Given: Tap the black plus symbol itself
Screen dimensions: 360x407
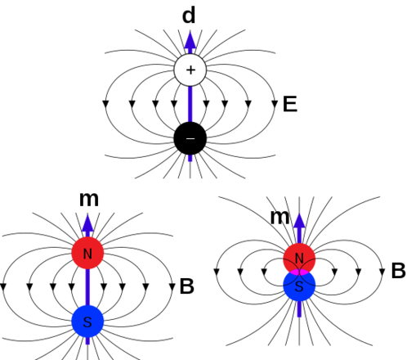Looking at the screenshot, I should click(190, 70).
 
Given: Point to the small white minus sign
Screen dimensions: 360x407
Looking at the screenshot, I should click(190, 139).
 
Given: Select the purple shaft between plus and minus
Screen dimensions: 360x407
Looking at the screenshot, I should click(190, 103).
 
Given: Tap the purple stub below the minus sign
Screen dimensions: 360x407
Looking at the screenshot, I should click(190, 159).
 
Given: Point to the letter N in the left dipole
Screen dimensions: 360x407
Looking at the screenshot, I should click(87, 254).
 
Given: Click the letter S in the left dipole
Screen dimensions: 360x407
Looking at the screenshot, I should click(87, 322).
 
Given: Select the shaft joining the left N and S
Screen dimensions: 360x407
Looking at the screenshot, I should click(87, 286).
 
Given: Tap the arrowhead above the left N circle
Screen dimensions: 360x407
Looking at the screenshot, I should click(87, 224).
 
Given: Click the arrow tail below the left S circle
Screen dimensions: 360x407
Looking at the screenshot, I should click(87, 341).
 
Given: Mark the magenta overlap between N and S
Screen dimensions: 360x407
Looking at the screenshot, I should click(299, 272).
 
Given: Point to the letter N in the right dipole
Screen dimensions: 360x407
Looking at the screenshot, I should click(299, 259).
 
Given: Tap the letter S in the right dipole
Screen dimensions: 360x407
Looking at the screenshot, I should click(299, 286).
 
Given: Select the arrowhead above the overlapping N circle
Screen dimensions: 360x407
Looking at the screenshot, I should click(299, 223).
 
